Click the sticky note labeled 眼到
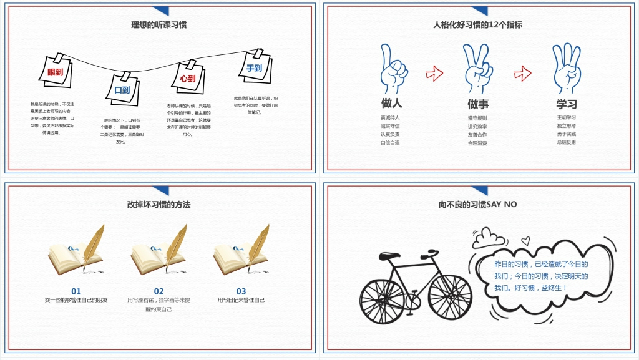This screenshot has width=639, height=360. tap(56, 71)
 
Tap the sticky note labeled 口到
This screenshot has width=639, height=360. tap(123, 89)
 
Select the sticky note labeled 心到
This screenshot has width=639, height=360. tap(188, 78)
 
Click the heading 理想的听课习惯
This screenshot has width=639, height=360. tap(159, 25)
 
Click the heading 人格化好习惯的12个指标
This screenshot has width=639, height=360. tap(478, 25)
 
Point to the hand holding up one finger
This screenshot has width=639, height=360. tap(393, 69)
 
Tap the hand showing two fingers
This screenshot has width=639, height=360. tap(477, 69)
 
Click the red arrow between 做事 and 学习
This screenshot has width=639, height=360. tap(522, 73)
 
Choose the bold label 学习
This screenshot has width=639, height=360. tap(567, 104)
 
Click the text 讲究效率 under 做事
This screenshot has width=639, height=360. tap(477, 126)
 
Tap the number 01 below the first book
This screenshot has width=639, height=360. tap(76, 291)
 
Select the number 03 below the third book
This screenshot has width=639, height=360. tap(241, 291)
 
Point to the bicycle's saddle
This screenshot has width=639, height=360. tap(389, 255)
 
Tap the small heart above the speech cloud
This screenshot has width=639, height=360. tap(525, 240)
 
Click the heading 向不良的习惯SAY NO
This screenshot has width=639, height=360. tap(478, 204)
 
